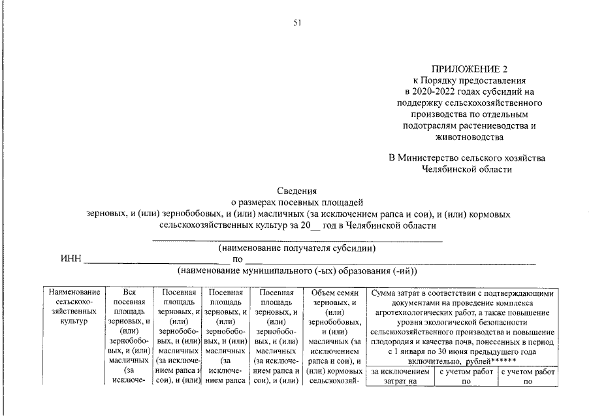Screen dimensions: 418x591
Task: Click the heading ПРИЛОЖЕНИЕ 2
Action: [x=468, y=69]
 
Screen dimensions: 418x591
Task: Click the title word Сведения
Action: [x=296, y=191]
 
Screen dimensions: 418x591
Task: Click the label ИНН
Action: [x=71, y=259]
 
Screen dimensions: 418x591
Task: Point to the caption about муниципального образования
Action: [x=296, y=270]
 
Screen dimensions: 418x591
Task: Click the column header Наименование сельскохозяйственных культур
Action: [x=74, y=307]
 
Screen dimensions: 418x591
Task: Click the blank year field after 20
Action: [x=315, y=226]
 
